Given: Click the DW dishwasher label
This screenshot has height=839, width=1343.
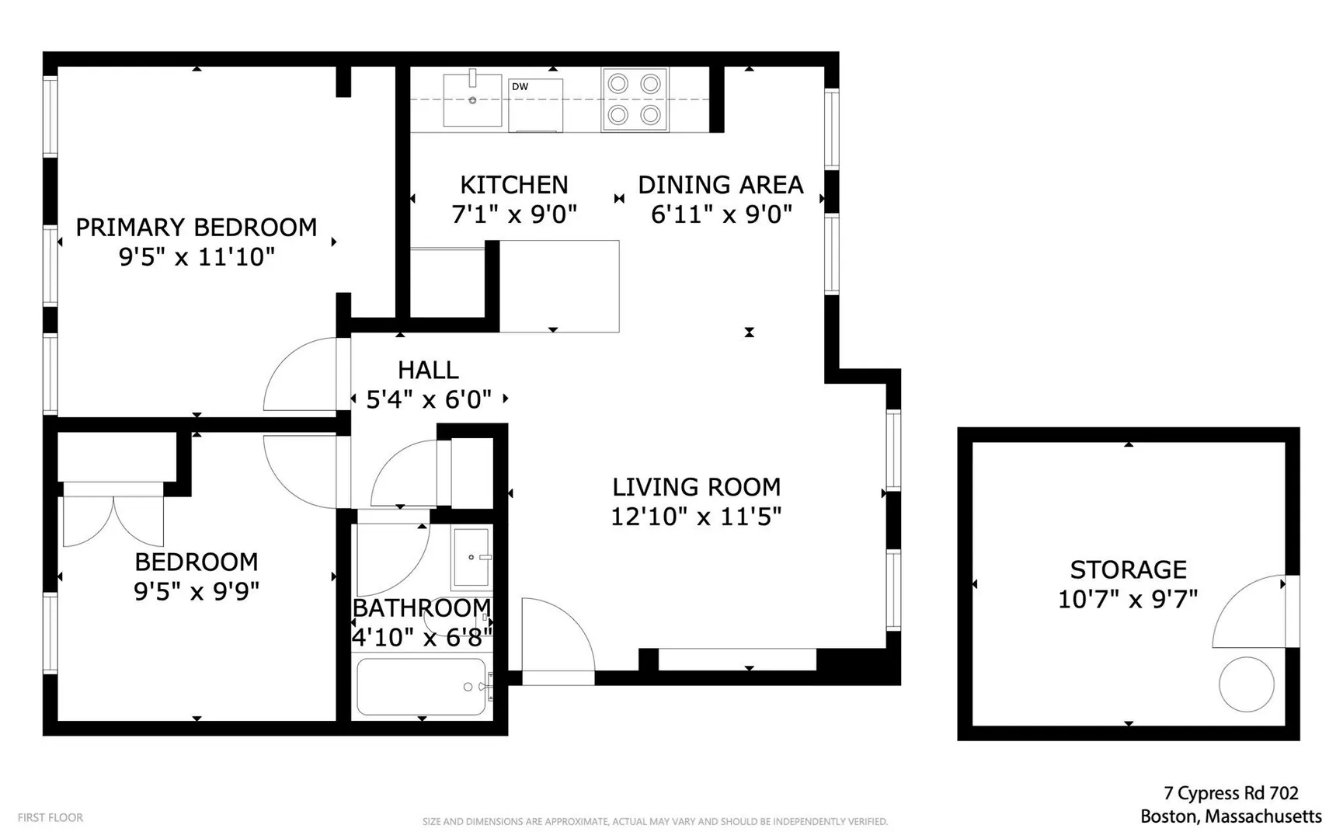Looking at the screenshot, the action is (520, 86).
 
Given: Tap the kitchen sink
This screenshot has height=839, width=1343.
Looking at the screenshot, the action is (472, 99).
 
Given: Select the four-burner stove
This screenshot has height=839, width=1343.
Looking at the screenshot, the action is (635, 99).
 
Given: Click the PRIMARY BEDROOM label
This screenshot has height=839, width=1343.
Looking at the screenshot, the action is (197, 227).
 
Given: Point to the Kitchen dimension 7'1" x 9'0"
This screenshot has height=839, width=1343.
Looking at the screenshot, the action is (514, 214).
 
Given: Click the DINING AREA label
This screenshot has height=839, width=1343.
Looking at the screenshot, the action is (721, 185).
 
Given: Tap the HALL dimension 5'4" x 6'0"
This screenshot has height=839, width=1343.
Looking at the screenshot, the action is (429, 399).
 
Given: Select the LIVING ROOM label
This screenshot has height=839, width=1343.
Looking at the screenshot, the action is (697, 487).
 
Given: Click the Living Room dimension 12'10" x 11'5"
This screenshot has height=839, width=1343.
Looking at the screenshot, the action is (696, 517).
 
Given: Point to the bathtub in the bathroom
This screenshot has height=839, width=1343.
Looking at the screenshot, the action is (422, 687).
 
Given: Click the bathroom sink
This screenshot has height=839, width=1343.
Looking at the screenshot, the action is (471, 557).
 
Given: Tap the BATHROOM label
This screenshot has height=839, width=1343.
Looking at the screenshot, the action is (422, 607).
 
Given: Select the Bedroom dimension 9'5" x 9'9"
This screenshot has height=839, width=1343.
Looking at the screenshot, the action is (197, 591).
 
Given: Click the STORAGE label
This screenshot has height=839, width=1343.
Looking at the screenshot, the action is (1129, 569).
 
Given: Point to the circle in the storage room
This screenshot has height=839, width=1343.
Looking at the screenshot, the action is (1247, 684).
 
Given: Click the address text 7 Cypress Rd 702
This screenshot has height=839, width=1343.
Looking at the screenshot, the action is (1231, 793).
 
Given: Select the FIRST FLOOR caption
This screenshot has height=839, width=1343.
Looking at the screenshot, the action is (50, 817).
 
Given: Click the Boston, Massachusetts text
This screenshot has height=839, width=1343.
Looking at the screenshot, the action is (1231, 816).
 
